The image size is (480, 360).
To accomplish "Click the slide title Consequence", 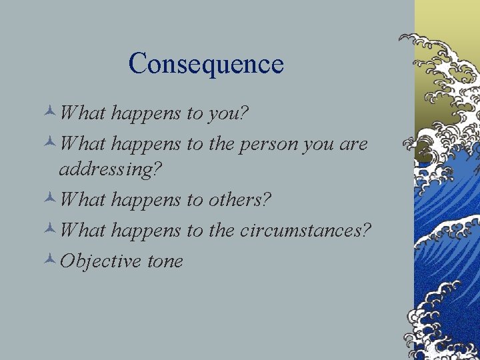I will pyautogui.click(x=206, y=64).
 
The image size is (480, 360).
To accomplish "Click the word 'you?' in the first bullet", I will pyautogui.click(x=228, y=114).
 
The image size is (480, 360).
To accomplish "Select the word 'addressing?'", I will pyautogui.click(x=110, y=169).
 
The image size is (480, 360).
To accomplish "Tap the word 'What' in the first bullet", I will pyautogui.click(x=82, y=113).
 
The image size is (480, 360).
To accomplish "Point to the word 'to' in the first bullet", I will pyautogui.click(x=195, y=114).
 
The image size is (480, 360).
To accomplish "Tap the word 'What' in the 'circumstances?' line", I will pyautogui.click(x=82, y=230).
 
